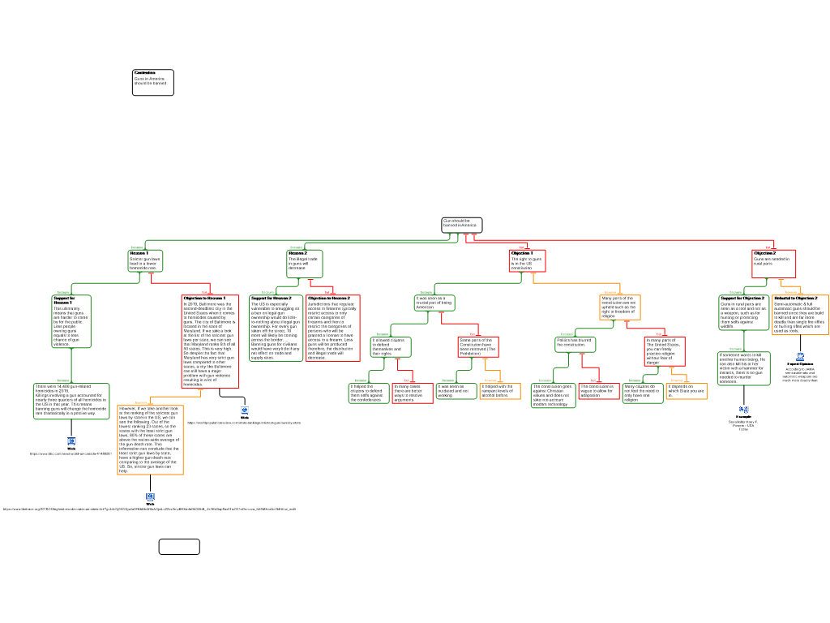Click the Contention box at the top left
tap(152, 82)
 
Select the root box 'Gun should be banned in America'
tap(461, 225)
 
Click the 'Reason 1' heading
tap(139, 253)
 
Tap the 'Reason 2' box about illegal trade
tap(304, 264)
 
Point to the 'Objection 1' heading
tap(522, 253)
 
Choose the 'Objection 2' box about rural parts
tap(773, 263)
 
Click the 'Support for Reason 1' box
tap(71, 321)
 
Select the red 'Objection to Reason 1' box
tap(210, 341)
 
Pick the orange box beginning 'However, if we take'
tap(150, 439)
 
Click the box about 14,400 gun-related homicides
tap(71, 400)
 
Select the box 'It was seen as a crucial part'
tap(434, 303)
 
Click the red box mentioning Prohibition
tap(478, 347)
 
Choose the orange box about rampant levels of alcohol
tap(499, 391)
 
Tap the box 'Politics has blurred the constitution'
tap(575, 344)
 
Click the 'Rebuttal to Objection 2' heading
tap(795, 299)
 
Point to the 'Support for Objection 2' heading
tap(742, 299)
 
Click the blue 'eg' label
tap(744, 409)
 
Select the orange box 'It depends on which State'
tap(687, 391)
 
